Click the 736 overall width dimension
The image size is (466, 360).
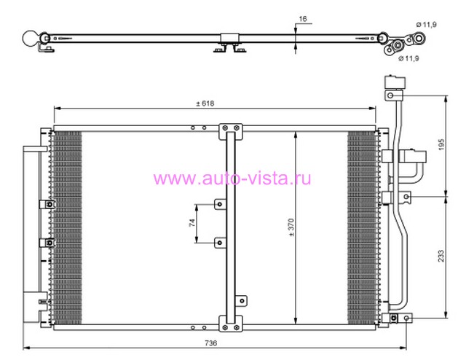tap(210, 343)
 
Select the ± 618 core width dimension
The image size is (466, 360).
tap(205, 103)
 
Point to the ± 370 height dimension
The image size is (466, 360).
tap(291, 227)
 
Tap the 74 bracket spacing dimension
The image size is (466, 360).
tap(192, 222)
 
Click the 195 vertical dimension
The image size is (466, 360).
tap(441, 144)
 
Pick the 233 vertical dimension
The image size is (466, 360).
tap(441, 256)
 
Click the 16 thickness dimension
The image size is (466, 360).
tap(303, 19)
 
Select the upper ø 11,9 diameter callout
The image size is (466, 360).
tap(427, 24)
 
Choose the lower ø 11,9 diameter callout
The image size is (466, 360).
tap(408, 58)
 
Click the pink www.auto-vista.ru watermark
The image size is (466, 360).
tap(232, 179)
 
